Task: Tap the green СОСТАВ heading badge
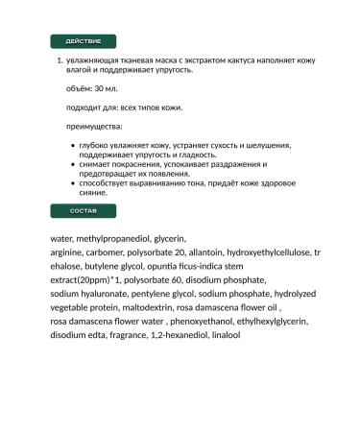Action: pos(82,209)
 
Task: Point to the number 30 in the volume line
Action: pos(100,88)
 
